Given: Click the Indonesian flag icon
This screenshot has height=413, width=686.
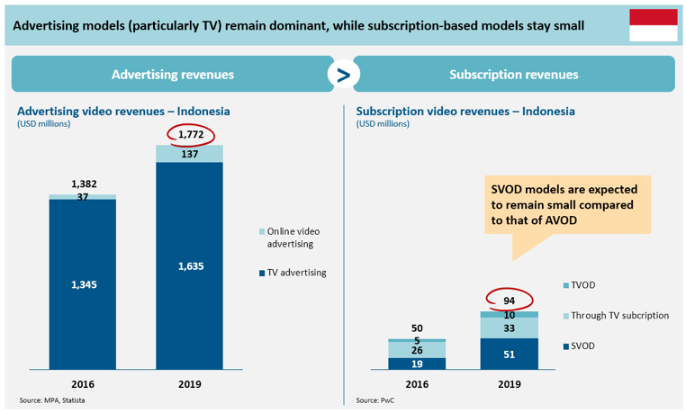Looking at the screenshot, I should coord(653,24).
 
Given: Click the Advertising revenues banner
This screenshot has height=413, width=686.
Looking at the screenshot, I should coord(172,75).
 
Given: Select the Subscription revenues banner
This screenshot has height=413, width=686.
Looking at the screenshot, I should coord(513,75).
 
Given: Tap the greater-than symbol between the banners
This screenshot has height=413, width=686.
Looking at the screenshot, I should coord(343,76).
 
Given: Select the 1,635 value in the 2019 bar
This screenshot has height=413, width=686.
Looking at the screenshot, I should coord(190,266).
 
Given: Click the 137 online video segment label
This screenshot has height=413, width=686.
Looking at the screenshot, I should coord(190,154).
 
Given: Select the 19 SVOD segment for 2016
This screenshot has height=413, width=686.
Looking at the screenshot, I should coord(417,364).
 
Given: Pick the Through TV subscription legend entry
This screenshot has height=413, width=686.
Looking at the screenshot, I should coord(618,316).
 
